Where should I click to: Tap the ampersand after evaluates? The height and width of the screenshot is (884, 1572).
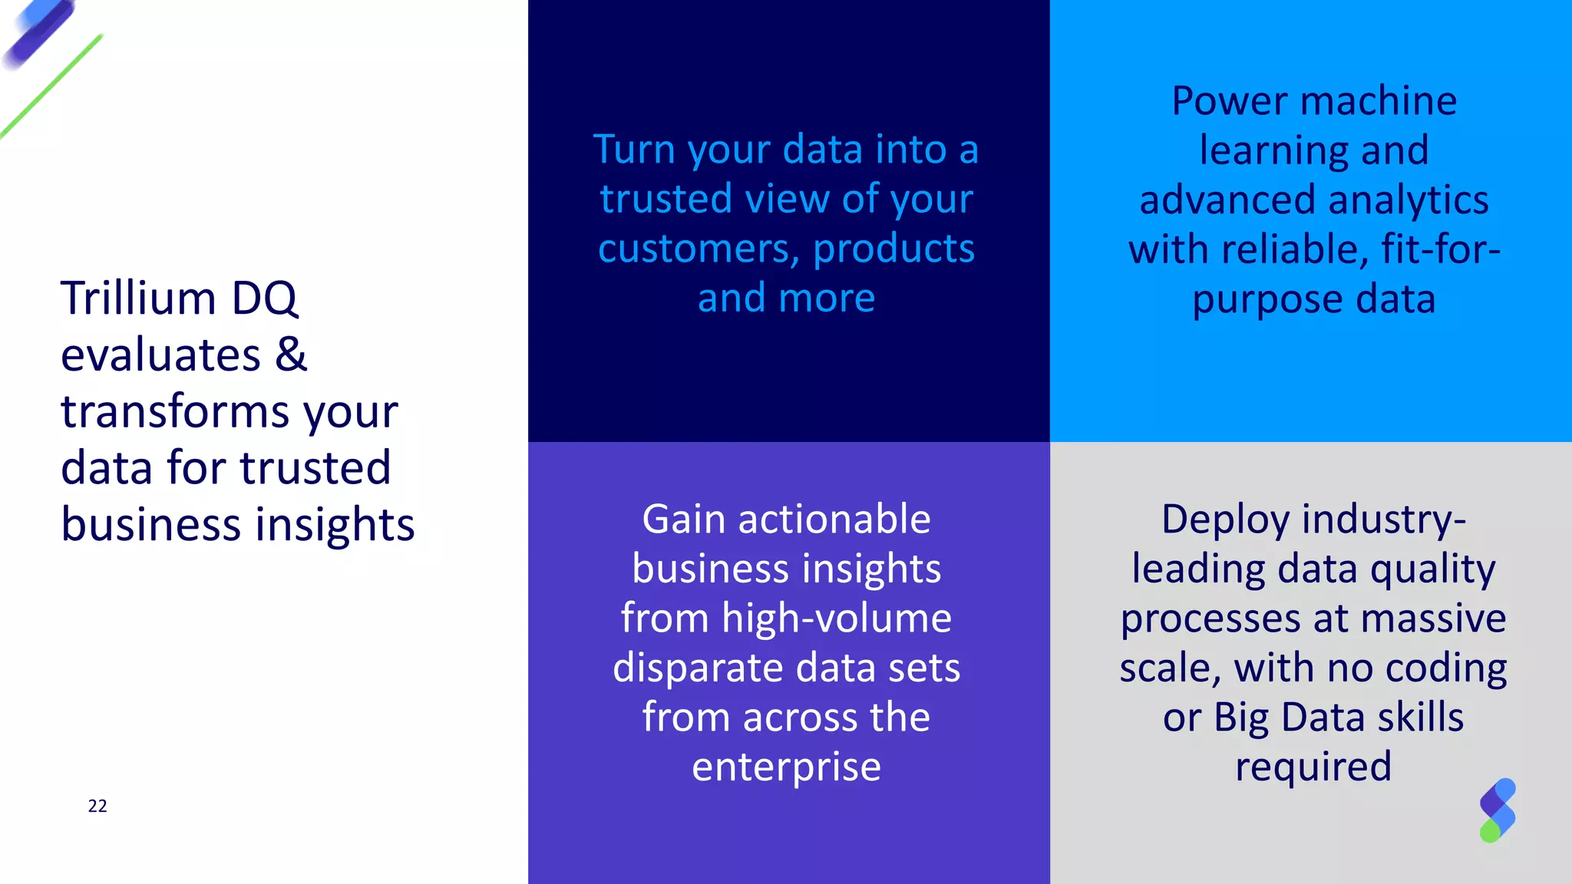tap(291, 355)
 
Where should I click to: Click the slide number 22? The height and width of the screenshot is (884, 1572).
tap(97, 806)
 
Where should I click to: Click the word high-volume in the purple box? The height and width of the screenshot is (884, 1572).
tap(837, 618)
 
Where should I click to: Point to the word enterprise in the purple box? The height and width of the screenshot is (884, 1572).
tap(786, 767)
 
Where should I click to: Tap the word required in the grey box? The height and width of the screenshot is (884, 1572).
tap(1313, 767)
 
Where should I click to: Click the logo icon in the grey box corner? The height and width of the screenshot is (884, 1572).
tap(1498, 810)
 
